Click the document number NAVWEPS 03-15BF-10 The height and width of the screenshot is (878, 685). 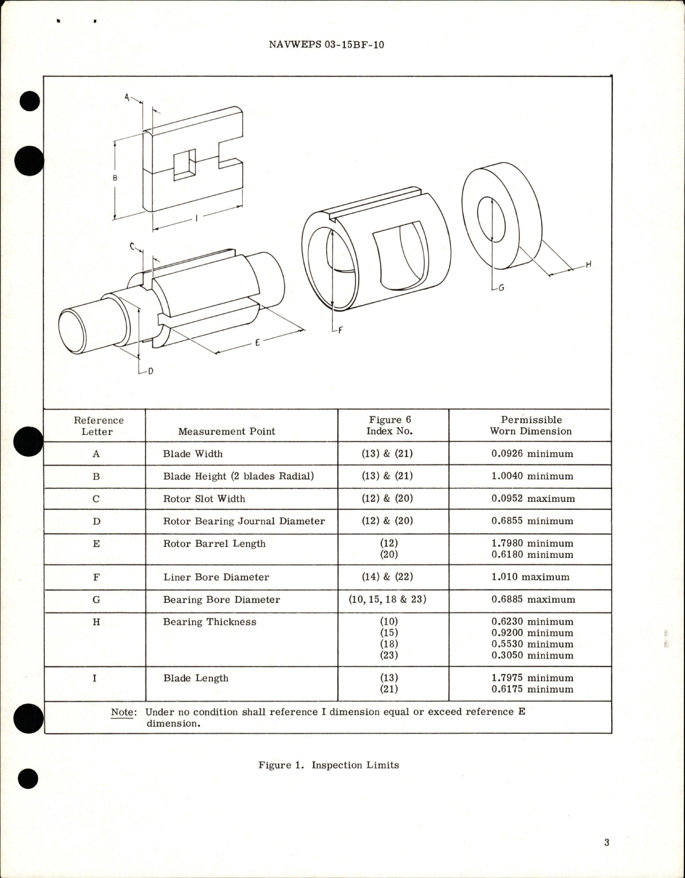pyautogui.click(x=326, y=45)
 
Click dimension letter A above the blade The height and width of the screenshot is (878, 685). pyautogui.click(x=127, y=97)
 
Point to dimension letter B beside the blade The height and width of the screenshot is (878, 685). pyautogui.click(x=115, y=178)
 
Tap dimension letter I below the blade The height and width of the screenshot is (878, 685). pyautogui.click(x=196, y=218)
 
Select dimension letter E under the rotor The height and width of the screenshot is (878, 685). pyautogui.click(x=257, y=343)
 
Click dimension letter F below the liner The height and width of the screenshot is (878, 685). pyautogui.click(x=339, y=330)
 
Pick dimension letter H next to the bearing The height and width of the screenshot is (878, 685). pyautogui.click(x=588, y=264)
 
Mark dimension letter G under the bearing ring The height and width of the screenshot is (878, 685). pyautogui.click(x=501, y=288)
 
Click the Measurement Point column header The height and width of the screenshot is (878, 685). pyautogui.click(x=226, y=431)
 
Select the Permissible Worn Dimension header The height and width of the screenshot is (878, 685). pyautogui.click(x=530, y=425)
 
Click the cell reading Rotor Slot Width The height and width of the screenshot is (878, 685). pyautogui.click(x=204, y=499)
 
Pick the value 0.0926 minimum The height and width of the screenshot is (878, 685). pyautogui.click(x=532, y=454)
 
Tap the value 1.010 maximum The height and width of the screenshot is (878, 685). pyautogui.click(x=530, y=577)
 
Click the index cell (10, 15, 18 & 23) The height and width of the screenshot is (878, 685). pyautogui.click(x=388, y=600)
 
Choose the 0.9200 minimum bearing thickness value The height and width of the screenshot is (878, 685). pyautogui.click(x=532, y=633)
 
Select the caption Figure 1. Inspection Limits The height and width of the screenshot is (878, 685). pyautogui.click(x=328, y=765)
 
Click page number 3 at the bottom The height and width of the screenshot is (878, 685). pyautogui.click(x=606, y=843)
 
